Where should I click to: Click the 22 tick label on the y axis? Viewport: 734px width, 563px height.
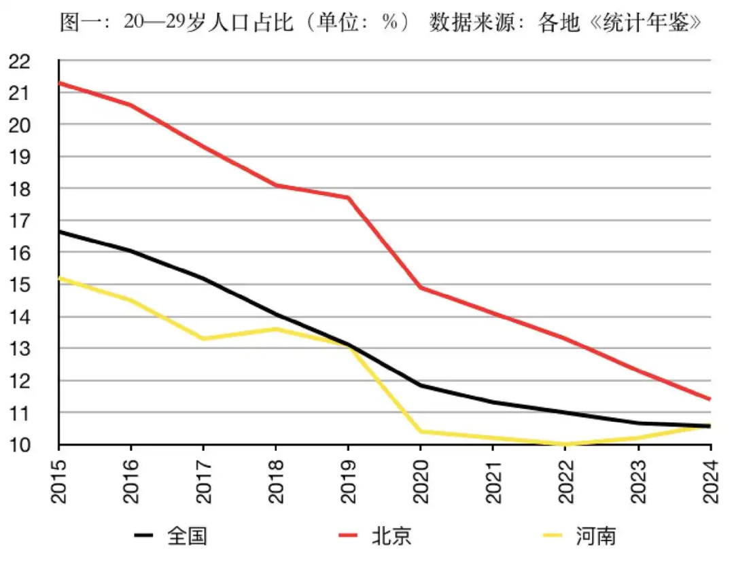pos(19,61)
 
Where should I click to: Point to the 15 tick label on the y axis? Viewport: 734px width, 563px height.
pos(19,285)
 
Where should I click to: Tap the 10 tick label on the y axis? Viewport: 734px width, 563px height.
pos(19,445)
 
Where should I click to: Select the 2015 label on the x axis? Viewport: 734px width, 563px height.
pos(58,481)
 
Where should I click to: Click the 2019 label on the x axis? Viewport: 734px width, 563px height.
pos(348,481)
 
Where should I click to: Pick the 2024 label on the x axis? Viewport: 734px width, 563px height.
pos(711,481)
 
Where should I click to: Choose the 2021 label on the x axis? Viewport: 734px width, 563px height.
pos(493,481)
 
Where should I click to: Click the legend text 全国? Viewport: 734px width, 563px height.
pos(187,536)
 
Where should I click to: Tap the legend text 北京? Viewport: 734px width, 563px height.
pos(391,536)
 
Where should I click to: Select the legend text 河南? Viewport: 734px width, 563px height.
pos(595,536)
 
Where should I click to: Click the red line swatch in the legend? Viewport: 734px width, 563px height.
pos(348,535)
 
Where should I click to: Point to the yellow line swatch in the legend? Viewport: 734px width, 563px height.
pos(553,535)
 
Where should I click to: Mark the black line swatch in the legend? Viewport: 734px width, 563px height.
pos(143,535)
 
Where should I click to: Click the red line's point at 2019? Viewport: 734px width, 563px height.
pos(348,198)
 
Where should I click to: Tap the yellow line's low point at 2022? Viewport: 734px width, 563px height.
pos(565,443)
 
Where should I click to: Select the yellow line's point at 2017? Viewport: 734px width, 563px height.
pos(203,339)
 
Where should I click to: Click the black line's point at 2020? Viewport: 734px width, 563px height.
pos(421,385)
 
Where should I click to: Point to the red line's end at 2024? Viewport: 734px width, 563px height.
pos(710,399)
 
